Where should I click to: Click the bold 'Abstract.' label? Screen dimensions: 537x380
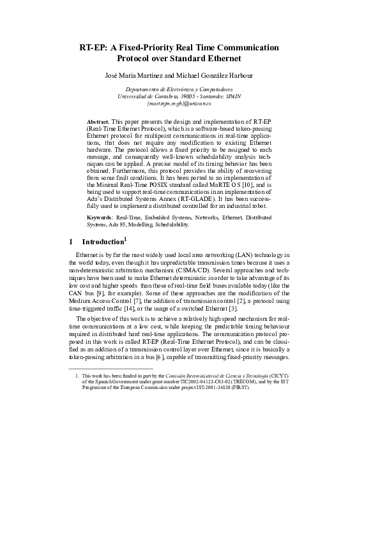pos(98,121)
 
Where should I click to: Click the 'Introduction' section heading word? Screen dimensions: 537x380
pos(102,242)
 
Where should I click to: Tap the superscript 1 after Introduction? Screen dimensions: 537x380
pos(126,239)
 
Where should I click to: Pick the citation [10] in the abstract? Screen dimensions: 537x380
pos(245,183)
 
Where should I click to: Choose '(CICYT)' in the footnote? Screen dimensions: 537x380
pos(278,376)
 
